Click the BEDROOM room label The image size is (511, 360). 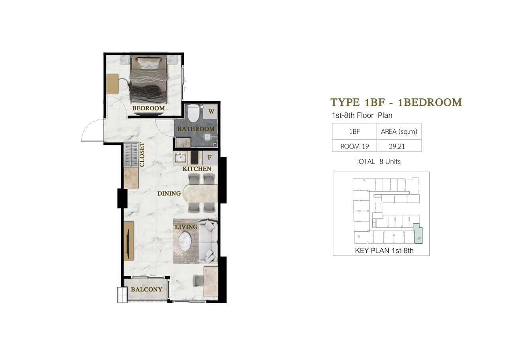[148, 108]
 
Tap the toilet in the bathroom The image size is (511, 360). [193, 113]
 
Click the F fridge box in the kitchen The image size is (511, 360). [210, 157]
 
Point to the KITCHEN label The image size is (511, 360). [197, 169]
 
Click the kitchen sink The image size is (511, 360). [180, 157]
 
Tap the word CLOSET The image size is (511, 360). [142, 155]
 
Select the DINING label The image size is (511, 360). [169, 194]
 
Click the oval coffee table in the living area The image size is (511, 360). [185, 241]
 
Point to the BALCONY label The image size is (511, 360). [146, 290]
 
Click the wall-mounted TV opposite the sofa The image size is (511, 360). [129, 244]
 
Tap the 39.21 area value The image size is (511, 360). [397, 146]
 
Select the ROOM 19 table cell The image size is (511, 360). [354, 146]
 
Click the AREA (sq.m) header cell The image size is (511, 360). [399, 131]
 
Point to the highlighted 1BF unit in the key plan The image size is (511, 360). [418, 234]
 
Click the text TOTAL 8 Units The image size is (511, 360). [377, 162]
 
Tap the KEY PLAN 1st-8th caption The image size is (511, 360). [384, 250]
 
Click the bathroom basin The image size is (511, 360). [183, 143]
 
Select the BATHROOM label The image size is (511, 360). [196, 129]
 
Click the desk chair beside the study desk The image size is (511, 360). [198, 280]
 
